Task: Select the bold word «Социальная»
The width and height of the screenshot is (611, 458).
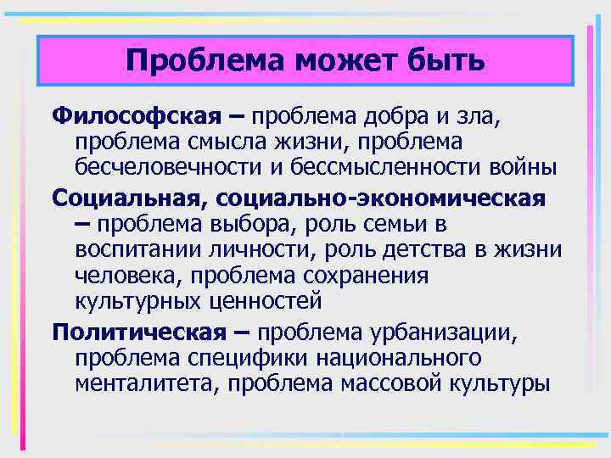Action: [x=128, y=198]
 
